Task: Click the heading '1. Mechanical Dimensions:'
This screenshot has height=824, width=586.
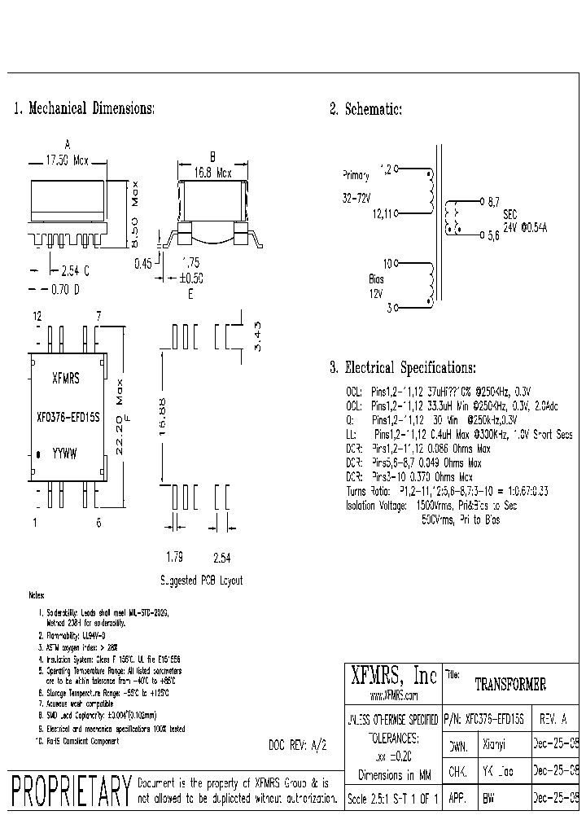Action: click(84, 108)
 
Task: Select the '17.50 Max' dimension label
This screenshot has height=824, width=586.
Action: click(67, 161)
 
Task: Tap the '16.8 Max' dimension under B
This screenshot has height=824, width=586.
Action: click(212, 173)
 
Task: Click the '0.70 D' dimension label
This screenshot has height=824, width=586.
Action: click(66, 288)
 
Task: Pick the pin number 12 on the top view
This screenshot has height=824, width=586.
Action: click(37, 315)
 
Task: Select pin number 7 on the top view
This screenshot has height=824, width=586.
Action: click(98, 315)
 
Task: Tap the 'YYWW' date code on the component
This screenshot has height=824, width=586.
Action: click(65, 454)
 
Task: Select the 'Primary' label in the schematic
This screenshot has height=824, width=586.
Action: click(355, 175)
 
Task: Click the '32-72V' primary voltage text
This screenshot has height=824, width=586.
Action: click(356, 198)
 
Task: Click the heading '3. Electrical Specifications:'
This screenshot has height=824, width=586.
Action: click(403, 367)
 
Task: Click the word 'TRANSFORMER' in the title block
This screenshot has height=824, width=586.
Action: click(510, 685)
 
